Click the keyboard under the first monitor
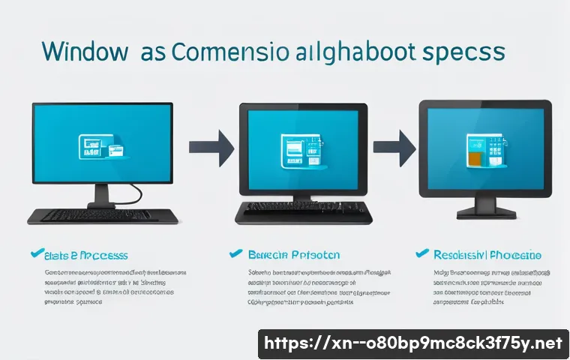103,215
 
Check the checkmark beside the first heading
31,254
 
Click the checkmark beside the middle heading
235,254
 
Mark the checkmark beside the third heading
421,254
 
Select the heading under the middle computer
294,255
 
